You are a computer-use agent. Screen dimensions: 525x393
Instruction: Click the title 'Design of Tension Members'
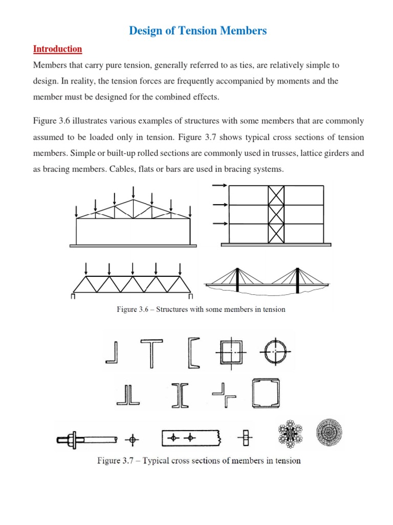[198, 31]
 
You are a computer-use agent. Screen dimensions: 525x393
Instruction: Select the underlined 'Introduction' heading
[57, 49]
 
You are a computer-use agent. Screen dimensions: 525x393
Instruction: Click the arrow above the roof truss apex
[133, 192]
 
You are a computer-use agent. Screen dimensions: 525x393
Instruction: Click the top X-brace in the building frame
[276, 195]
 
